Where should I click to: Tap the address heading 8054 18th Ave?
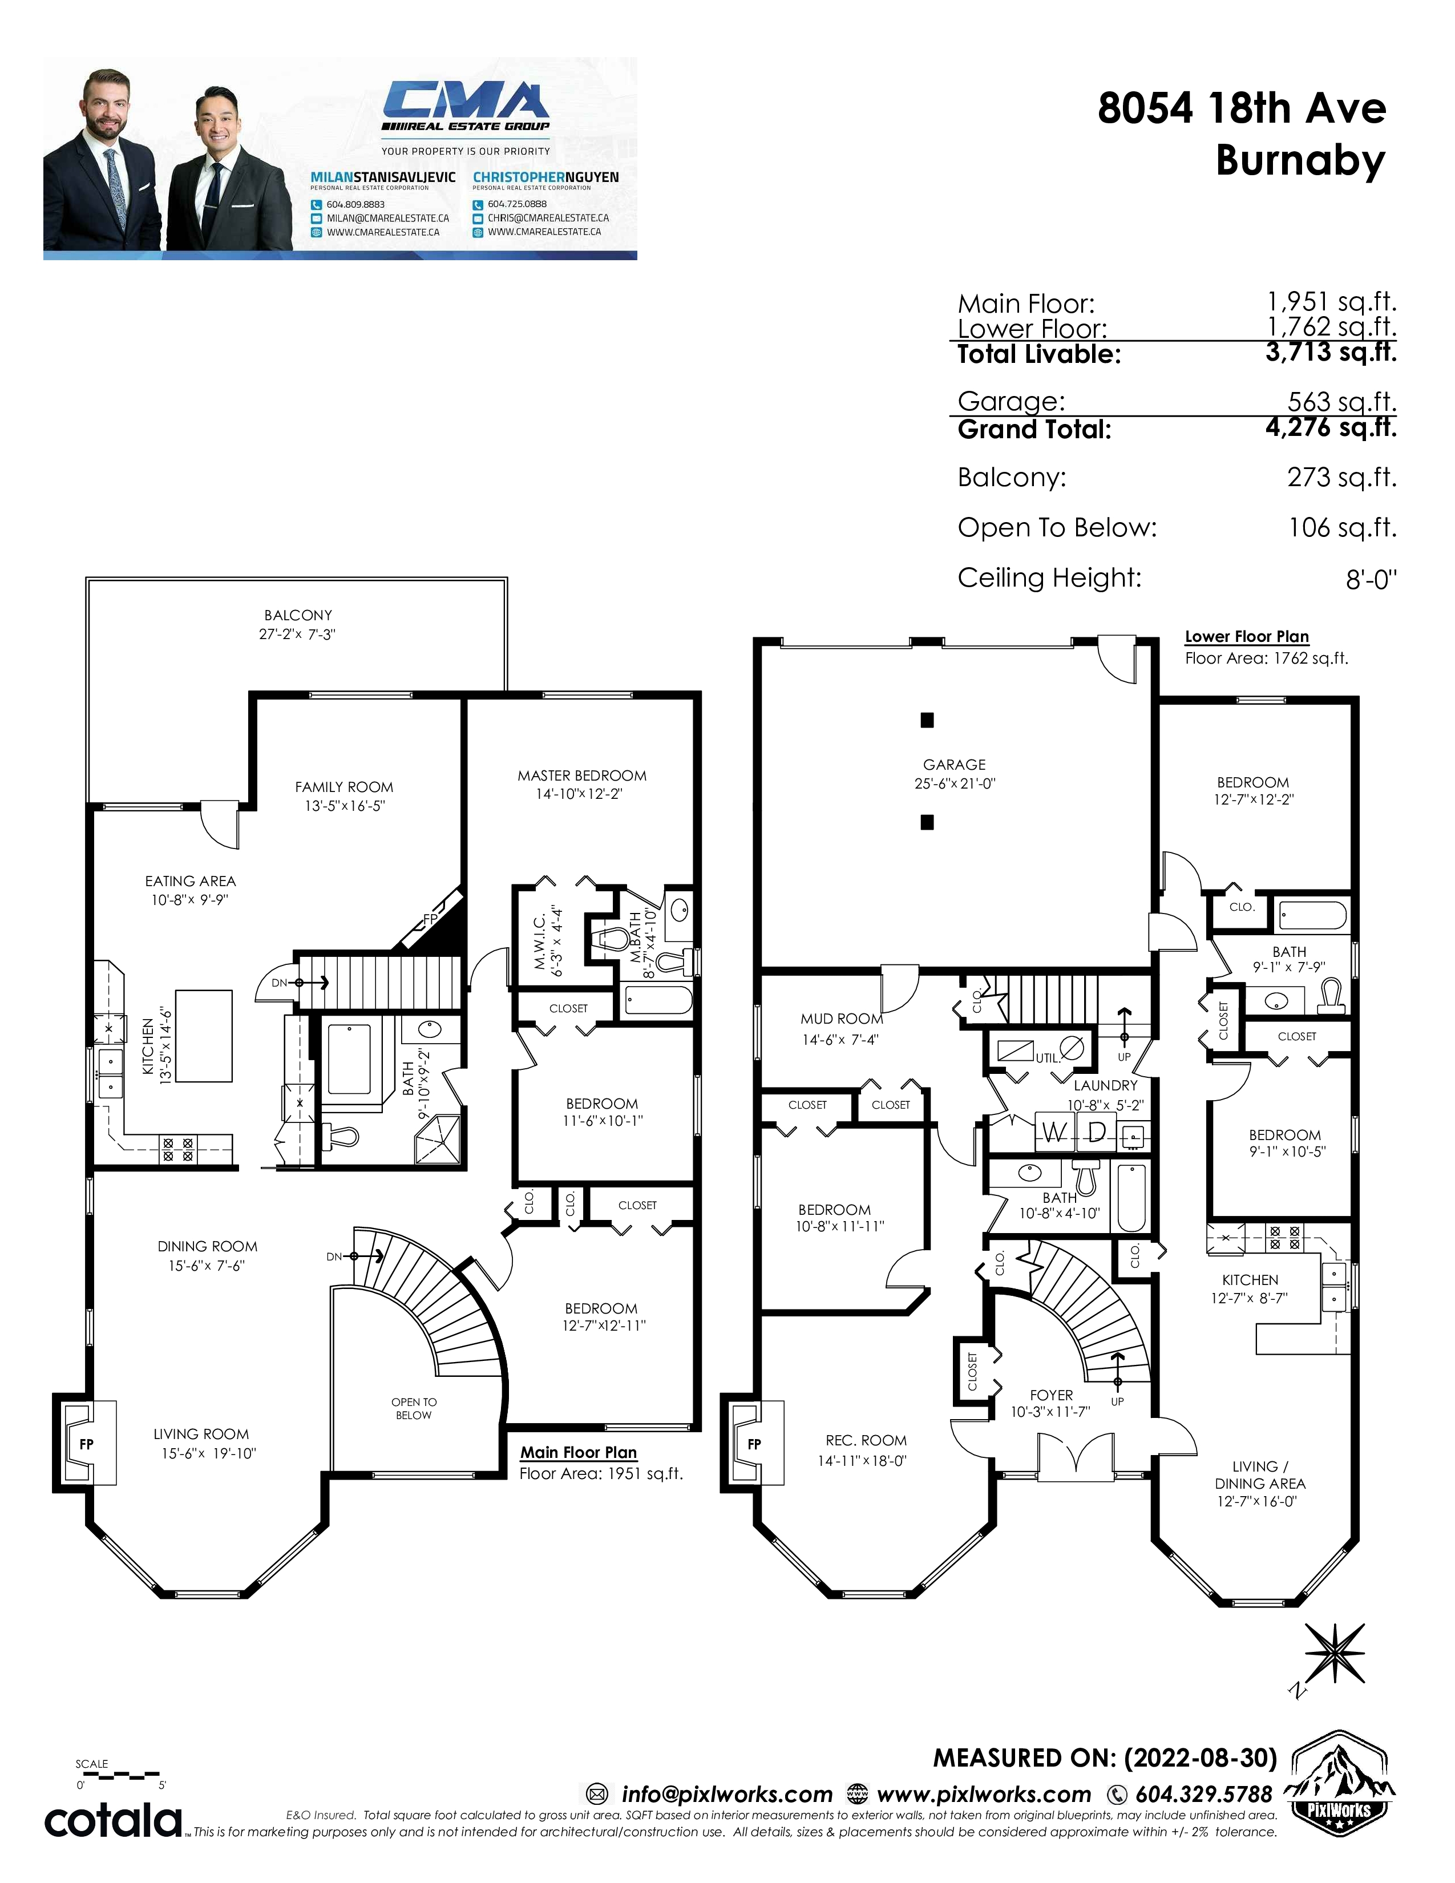(1241, 108)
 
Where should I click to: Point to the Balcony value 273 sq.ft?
(1342, 477)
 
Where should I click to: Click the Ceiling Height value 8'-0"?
(1371, 579)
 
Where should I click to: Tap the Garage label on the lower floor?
(954, 765)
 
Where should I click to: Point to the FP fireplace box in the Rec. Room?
(754, 1443)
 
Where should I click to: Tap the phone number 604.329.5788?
(1203, 1794)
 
